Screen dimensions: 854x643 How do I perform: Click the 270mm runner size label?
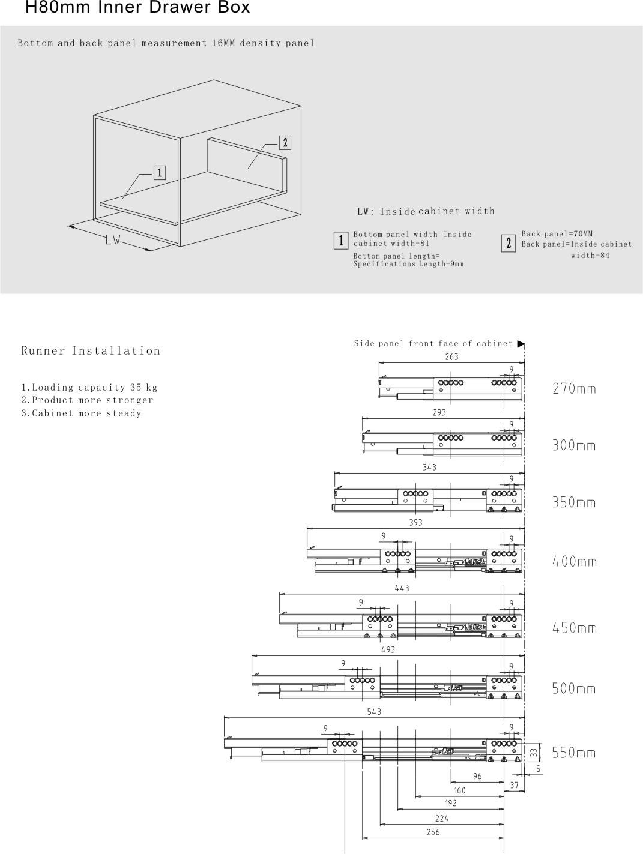574,389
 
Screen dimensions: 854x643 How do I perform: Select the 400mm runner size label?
574,562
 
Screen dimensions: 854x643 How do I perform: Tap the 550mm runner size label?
574,753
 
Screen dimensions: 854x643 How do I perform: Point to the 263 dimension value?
451,357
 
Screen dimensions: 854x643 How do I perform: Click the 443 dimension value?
402,588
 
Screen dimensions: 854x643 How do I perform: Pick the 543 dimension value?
374,712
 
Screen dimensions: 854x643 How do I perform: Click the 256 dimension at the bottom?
433,832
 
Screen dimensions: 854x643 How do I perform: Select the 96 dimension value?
477,776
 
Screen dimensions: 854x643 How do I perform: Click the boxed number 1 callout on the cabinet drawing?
160,173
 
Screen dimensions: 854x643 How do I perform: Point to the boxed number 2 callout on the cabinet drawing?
285,142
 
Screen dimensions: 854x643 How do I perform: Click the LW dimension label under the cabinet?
113,241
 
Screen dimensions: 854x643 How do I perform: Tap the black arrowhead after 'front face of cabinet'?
521,344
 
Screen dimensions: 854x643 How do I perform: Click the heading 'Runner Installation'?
91,351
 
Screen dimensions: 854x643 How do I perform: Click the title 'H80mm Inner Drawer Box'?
137,8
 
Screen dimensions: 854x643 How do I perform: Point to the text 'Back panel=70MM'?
557,234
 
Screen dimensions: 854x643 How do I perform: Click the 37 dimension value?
515,785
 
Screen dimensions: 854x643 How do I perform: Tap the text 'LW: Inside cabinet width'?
426,211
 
